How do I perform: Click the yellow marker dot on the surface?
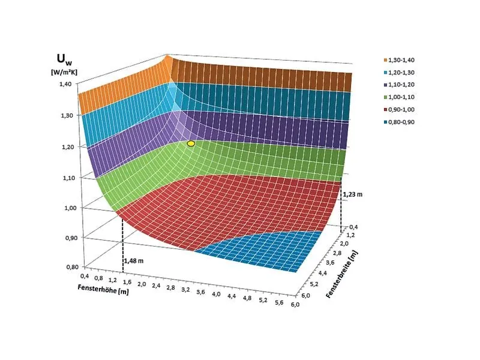(x=191, y=144)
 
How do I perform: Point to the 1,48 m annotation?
(x=134, y=261)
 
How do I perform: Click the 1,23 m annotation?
(x=353, y=194)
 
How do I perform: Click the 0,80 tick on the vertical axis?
(x=71, y=268)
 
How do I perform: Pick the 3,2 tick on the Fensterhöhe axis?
(x=185, y=290)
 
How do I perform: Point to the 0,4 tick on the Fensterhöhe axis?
(x=83, y=276)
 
